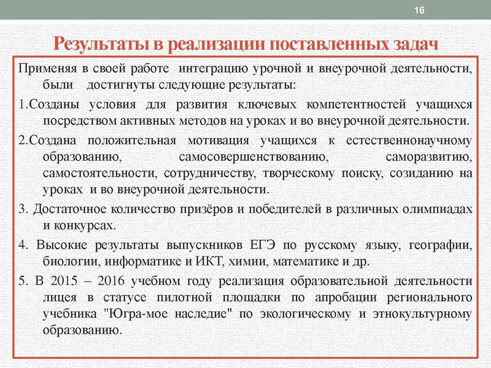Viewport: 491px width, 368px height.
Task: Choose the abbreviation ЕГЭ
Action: click(266, 246)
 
